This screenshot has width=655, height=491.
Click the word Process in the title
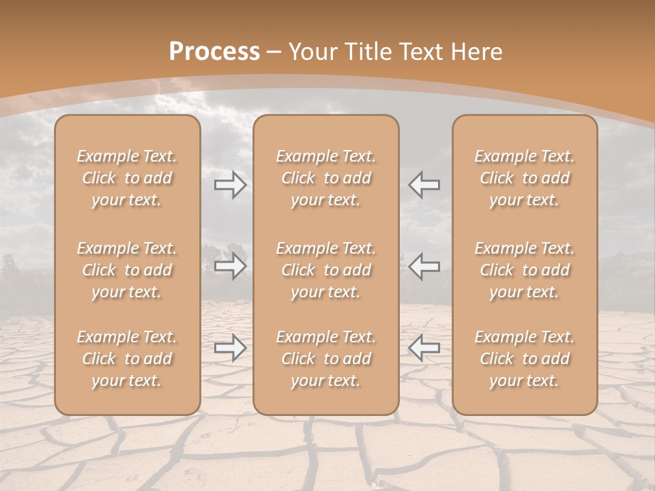pos(214,51)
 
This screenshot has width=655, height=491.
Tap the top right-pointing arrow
pos(230,185)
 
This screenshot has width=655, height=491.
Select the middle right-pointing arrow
pos(230,266)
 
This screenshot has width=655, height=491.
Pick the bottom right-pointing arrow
pos(230,348)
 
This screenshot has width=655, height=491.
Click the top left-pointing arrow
pos(424,185)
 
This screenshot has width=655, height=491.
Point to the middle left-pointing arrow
pos(424,266)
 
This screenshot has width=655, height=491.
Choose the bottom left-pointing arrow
pos(424,348)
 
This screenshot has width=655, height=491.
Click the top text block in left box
pos(127,178)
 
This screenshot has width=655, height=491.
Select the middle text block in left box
pos(127,270)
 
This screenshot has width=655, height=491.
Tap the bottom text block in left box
pos(127,359)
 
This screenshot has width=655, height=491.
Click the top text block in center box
pos(326,178)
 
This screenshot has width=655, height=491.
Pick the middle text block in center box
pos(326,270)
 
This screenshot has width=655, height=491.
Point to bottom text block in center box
pos(326,359)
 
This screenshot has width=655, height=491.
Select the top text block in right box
pos(525,178)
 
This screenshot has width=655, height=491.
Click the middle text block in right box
pos(525,270)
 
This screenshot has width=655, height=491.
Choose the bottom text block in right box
pos(525,359)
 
